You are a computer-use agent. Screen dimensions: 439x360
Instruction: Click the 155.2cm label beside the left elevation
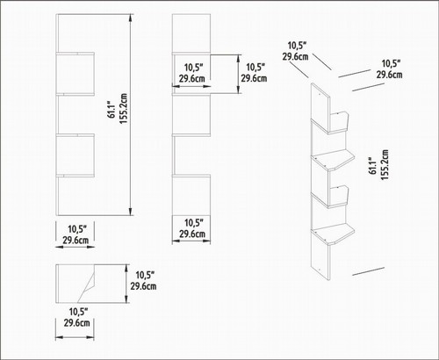pos(124,109)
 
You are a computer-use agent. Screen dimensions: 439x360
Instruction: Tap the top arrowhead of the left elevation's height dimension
pos(131,17)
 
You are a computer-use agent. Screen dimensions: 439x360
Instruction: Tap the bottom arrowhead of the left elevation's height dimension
pos(131,212)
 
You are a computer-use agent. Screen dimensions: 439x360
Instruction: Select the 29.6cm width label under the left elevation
pos(76,241)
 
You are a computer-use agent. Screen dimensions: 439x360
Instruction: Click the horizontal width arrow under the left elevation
pos(75,247)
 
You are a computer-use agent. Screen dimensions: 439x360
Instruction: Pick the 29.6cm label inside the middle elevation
pos(192,79)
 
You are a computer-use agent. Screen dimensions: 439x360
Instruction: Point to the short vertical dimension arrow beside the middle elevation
pos(239,74)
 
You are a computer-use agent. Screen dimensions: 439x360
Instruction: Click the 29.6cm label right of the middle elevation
pos(254,78)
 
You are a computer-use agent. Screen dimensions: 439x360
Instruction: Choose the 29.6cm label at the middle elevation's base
pos(192,234)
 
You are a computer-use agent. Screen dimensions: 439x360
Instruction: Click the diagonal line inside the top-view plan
pos(86,284)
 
